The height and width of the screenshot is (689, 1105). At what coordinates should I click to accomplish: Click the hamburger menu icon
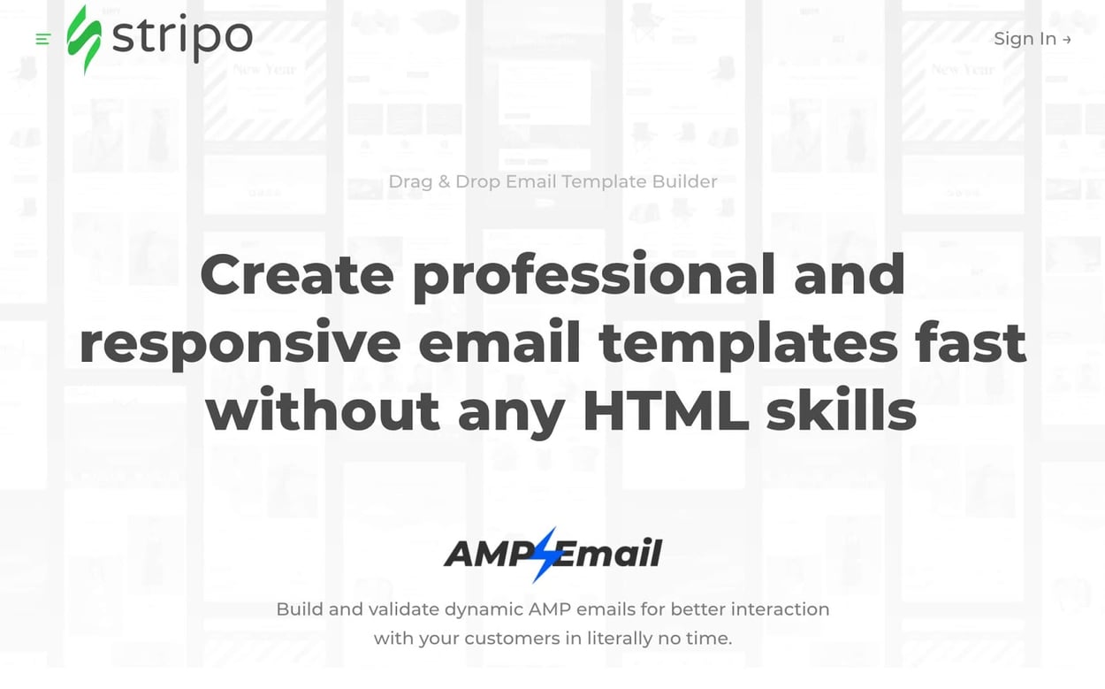pyautogui.click(x=43, y=39)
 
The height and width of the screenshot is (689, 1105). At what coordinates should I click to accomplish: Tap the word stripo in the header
pyautogui.click(x=182, y=37)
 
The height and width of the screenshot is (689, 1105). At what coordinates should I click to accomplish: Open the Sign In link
pyautogui.click(x=1025, y=39)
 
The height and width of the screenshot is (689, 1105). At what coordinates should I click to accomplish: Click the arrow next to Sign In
pyautogui.click(x=1067, y=40)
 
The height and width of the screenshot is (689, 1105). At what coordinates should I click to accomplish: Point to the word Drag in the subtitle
pyautogui.click(x=410, y=181)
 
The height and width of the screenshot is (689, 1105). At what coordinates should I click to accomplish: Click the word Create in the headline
pyautogui.click(x=297, y=274)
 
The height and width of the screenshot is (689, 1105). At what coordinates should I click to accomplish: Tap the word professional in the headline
pyautogui.click(x=594, y=276)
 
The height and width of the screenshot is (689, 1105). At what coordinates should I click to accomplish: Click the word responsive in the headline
pyautogui.click(x=240, y=344)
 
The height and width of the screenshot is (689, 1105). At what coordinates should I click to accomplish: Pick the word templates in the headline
pyautogui.click(x=748, y=344)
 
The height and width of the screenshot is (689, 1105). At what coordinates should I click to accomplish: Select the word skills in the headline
pyautogui.click(x=842, y=411)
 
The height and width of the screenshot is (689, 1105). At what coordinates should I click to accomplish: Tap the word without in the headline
pyautogui.click(x=324, y=411)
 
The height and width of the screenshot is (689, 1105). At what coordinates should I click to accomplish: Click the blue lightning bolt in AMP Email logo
pyautogui.click(x=545, y=554)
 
